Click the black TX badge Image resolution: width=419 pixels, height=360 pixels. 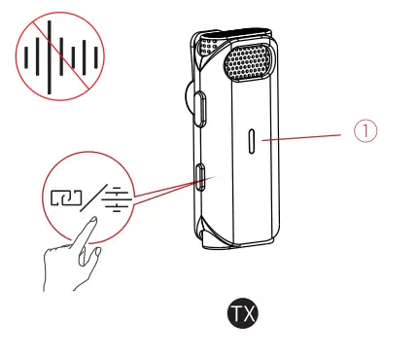(244, 313)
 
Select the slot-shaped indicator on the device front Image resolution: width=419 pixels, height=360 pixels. (251, 141)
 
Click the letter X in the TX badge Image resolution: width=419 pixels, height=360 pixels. (251, 313)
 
